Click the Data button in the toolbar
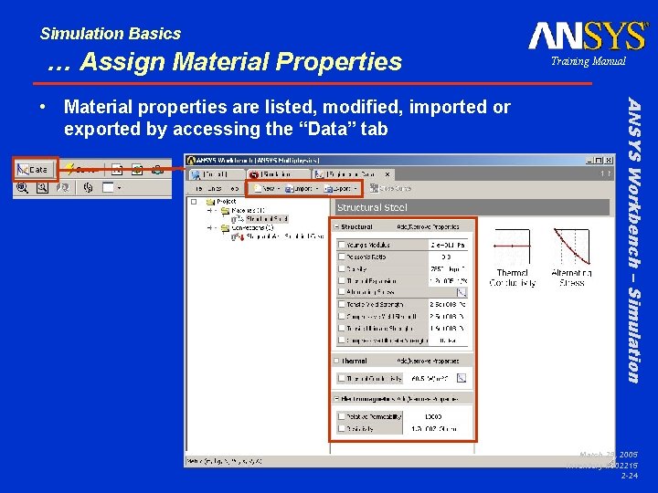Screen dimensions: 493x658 coord(35,169)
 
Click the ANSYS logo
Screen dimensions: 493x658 coord(588,37)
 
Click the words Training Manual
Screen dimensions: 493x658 coord(588,61)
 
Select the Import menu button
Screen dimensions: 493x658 coord(299,189)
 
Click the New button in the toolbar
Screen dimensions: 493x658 coord(267,189)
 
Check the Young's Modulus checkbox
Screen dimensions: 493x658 coord(342,245)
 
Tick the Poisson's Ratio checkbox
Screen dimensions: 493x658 coord(342,257)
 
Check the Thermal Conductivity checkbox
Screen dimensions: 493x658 coord(342,377)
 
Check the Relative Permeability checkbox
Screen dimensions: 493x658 coord(342,415)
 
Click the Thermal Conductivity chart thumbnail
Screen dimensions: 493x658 coord(512,248)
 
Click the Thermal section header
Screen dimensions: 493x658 coord(355,360)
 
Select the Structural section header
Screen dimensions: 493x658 coord(356,226)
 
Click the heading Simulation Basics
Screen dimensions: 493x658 coord(111,34)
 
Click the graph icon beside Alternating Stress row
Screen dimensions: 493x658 coord(462,292)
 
